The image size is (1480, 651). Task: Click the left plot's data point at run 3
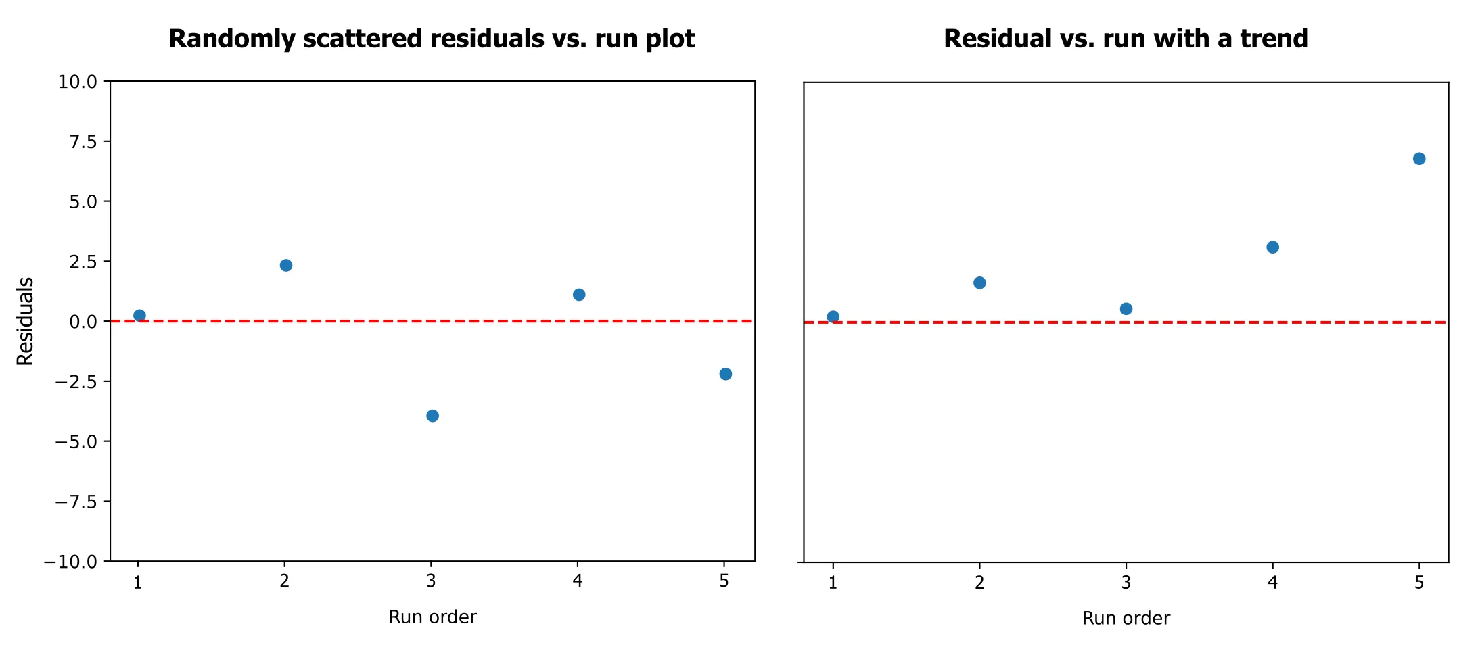(432, 416)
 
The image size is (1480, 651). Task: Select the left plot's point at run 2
(286, 265)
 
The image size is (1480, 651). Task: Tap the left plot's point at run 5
(725, 374)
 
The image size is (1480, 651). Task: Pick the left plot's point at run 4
(579, 295)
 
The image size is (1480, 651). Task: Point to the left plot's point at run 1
(139, 316)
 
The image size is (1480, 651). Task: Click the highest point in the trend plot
(1419, 159)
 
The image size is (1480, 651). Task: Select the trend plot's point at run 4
(1272, 247)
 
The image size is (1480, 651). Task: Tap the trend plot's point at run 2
(979, 283)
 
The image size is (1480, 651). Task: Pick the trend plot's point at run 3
(1126, 309)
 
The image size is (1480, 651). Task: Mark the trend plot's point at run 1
(833, 317)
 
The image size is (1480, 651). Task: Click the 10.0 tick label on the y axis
(78, 82)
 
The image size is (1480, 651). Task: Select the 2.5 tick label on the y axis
(83, 262)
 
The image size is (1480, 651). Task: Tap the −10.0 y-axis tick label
(71, 562)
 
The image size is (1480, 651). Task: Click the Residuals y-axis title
(25, 322)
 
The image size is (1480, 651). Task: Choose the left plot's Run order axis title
(432, 617)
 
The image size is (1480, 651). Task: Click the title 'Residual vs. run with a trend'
(1126, 39)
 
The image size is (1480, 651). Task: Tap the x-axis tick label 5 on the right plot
(1419, 582)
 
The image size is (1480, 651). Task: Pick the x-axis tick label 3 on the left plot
(431, 581)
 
